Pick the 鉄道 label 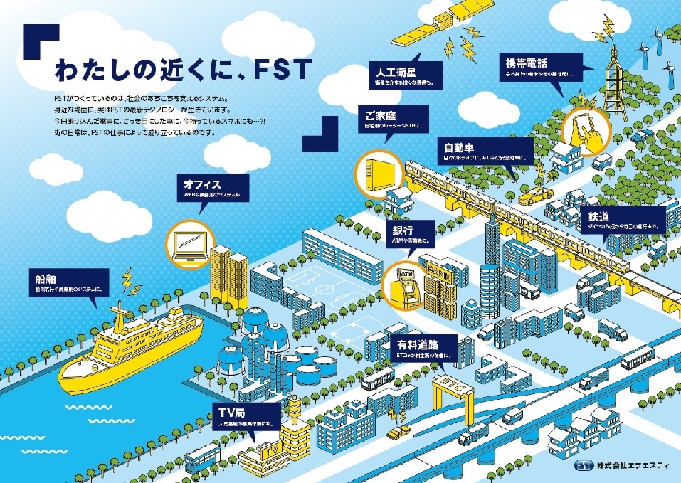tap(625, 220)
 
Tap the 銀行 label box tap(411, 235)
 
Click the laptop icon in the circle tap(190, 244)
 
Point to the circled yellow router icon tap(376, 172)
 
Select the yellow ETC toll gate tap(453, 390)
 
